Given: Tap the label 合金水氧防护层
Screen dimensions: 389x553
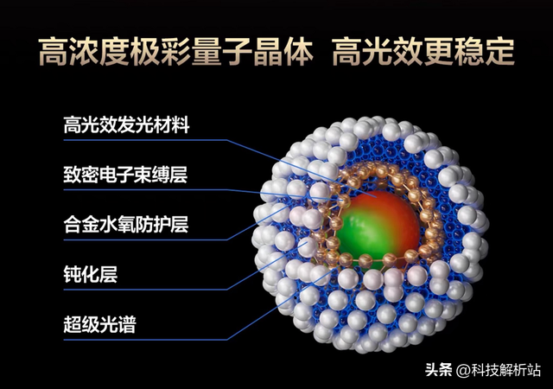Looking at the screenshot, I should click(x=126, y=226).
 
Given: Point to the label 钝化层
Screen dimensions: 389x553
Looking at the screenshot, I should click(x=90, y=276).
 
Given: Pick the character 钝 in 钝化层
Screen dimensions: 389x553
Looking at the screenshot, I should click(x=73, y=276).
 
